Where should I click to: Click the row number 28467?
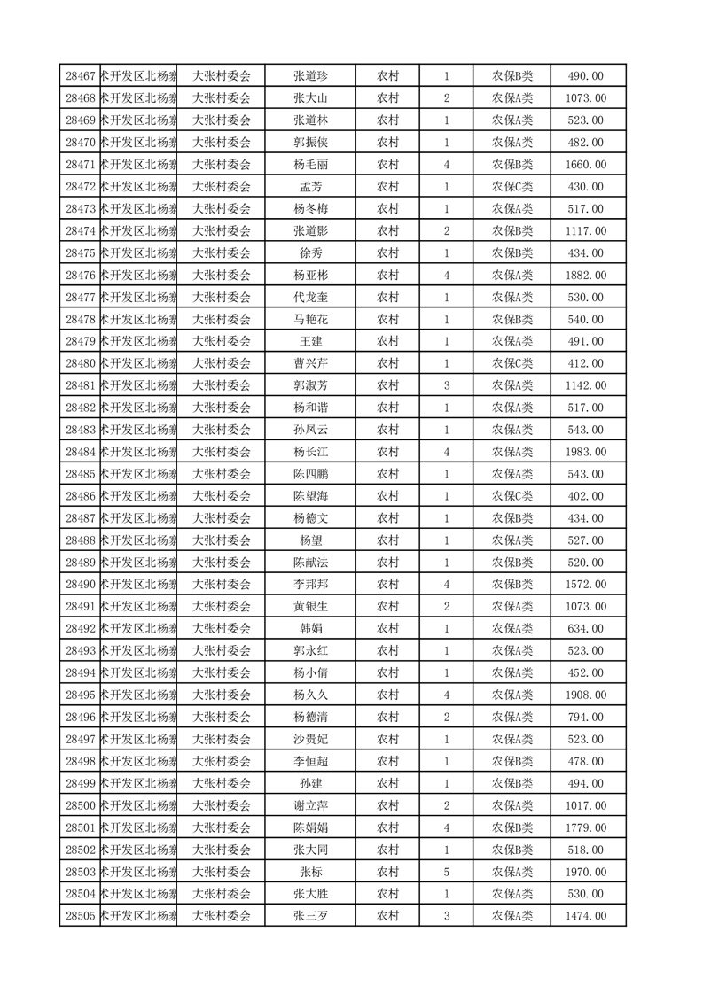coord(81,76)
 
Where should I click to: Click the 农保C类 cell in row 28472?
coord(512,187)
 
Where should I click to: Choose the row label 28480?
coord(81,363)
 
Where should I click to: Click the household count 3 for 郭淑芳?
coord(446,385)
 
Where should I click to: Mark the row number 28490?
coord(81,585)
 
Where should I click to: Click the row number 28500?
coord(81,805)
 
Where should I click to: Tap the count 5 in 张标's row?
coord(446,872)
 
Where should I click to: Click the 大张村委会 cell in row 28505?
coord(222,916)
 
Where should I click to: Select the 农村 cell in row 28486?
coord(387,496)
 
